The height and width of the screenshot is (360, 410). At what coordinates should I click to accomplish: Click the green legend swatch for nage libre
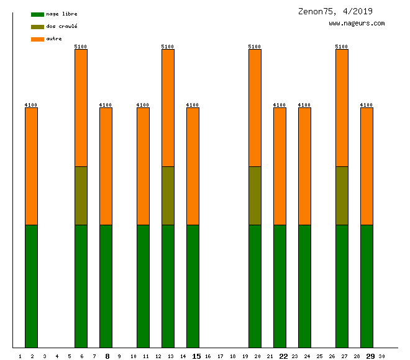37,14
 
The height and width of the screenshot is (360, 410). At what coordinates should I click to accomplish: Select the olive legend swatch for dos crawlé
37,27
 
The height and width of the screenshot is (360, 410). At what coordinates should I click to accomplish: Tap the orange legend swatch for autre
37,39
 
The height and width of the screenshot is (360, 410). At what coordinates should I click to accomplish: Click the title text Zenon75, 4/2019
335,11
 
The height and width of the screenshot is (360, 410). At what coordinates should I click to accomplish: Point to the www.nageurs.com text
357,24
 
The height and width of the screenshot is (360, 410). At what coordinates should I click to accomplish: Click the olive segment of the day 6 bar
81,196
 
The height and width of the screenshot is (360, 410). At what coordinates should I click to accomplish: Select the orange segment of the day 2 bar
32,166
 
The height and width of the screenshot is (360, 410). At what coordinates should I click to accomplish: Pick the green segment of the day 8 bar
106,286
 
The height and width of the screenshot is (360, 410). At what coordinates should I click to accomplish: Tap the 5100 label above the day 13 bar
168,47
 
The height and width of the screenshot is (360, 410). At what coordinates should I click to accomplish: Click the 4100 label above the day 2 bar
31,105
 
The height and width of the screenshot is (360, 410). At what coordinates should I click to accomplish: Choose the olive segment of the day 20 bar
255,196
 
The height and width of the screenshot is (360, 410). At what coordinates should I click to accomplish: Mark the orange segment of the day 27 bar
342,108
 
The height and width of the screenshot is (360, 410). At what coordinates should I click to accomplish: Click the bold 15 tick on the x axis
196,356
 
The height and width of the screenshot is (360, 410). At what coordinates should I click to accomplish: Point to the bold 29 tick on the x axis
370,356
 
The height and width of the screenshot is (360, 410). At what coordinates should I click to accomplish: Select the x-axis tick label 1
20,356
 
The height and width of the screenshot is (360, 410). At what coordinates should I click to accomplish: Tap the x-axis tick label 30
381,356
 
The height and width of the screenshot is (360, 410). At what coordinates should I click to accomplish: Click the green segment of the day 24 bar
305,286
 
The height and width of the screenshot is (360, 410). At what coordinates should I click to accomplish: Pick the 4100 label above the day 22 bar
280,105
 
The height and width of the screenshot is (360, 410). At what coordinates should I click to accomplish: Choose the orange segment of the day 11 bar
143,166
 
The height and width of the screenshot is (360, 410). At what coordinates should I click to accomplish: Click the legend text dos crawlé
61,27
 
